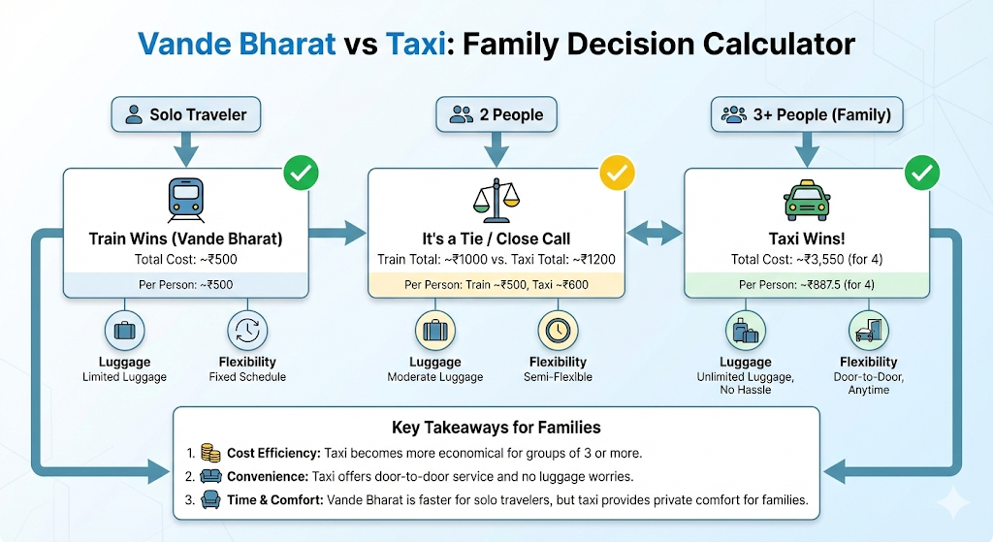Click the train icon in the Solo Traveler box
[185, 201]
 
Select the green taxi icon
[807, 201]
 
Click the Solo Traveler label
[186, 115]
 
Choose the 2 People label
[496, 115]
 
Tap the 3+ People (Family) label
[806, 115]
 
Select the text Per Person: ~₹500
[185, 284]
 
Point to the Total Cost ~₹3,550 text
[807, 259]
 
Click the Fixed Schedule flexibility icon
[247, 330]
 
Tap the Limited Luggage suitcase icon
[124, 330]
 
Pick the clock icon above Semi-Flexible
[557, 330]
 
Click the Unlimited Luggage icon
[745, 330]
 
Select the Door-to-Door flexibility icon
[868, 330]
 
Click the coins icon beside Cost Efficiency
[210, 453]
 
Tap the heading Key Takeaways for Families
[496, 427]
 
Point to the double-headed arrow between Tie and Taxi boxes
[655, 232]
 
